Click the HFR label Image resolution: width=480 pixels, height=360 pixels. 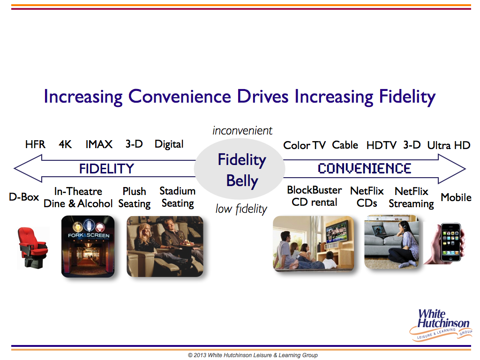coord(35,144)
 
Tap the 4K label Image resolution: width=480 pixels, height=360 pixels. coord(65,144)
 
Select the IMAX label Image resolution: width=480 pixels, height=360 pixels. coord(99,144)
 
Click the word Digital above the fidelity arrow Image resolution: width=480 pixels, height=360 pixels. coord(169,144)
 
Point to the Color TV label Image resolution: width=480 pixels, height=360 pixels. coord(304,145)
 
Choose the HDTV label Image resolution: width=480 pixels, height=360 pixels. coord(381,145)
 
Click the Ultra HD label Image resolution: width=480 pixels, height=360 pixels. coord(449,145)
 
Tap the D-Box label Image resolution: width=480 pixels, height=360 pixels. coord(24,197)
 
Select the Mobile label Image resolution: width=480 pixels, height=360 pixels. coord(456,197)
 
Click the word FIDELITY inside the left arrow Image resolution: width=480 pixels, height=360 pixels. coord(106,169)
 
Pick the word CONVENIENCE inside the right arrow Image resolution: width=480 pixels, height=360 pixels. coord(364,168)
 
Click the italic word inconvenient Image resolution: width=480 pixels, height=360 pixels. coord(242,131)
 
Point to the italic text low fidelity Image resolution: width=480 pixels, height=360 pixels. coord(241,209)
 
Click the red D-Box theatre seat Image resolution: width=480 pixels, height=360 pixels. coord(33,247)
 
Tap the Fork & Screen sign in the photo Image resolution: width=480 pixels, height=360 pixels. coord(89,235)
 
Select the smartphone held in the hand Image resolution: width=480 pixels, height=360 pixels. coord(450,242)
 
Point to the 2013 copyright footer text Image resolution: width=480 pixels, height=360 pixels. coord(253,355)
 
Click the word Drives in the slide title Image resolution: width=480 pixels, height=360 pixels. coord(262,97)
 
